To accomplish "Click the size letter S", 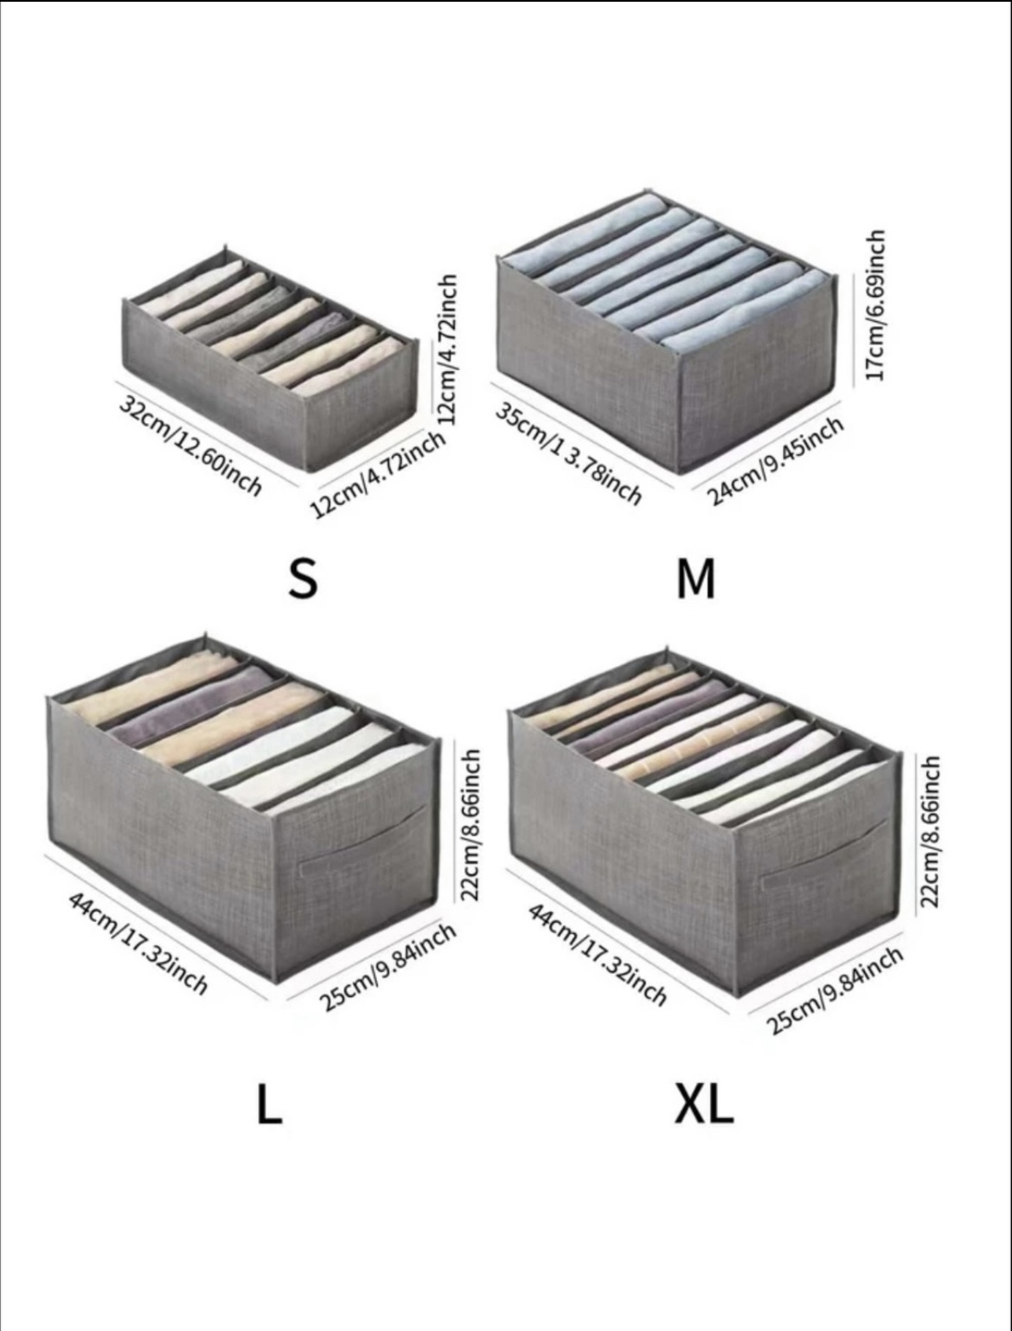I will (x=303, y=579).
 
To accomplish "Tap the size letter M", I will (x=695, y=579).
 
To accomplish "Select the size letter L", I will (x=269, y=1104).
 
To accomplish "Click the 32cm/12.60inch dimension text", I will (x=190, y=445).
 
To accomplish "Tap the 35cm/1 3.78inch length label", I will (x=568, y=453).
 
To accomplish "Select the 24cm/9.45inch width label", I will (x=775, y=460).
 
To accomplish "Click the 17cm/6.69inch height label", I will (x=875, y=304).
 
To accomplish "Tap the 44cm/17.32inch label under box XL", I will (x=598, y=955).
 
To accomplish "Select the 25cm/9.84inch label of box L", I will (x=388, y=966).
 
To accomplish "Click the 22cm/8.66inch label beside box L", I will (x=470, y=824).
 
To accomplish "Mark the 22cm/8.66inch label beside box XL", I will (x=930, y=831).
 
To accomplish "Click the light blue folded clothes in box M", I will (x=666, y=277).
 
